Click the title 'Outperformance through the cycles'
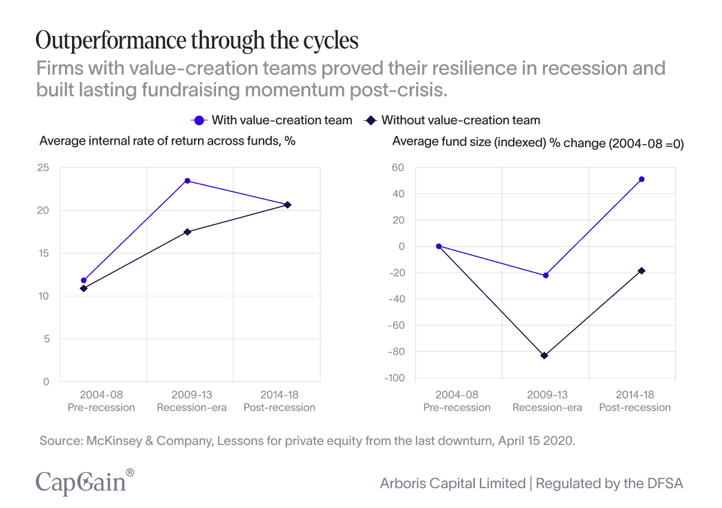coord(197,41)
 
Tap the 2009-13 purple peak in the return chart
coord(187,181)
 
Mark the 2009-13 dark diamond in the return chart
coord(187,232)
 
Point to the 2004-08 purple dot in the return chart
coord(83,280)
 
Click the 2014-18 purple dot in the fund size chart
coord(642,179)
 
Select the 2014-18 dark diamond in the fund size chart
coord(642,271)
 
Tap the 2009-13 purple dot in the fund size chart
coord(546,275)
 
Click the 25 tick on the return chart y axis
coord(43,168)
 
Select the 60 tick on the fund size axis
coord(399,168)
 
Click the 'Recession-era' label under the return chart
coord(192,408)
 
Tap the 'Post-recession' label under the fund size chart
coord(634,408)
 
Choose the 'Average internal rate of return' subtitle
coord(167,142)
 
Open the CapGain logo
coord(85,482)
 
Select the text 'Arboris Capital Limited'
coord(453,483)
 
